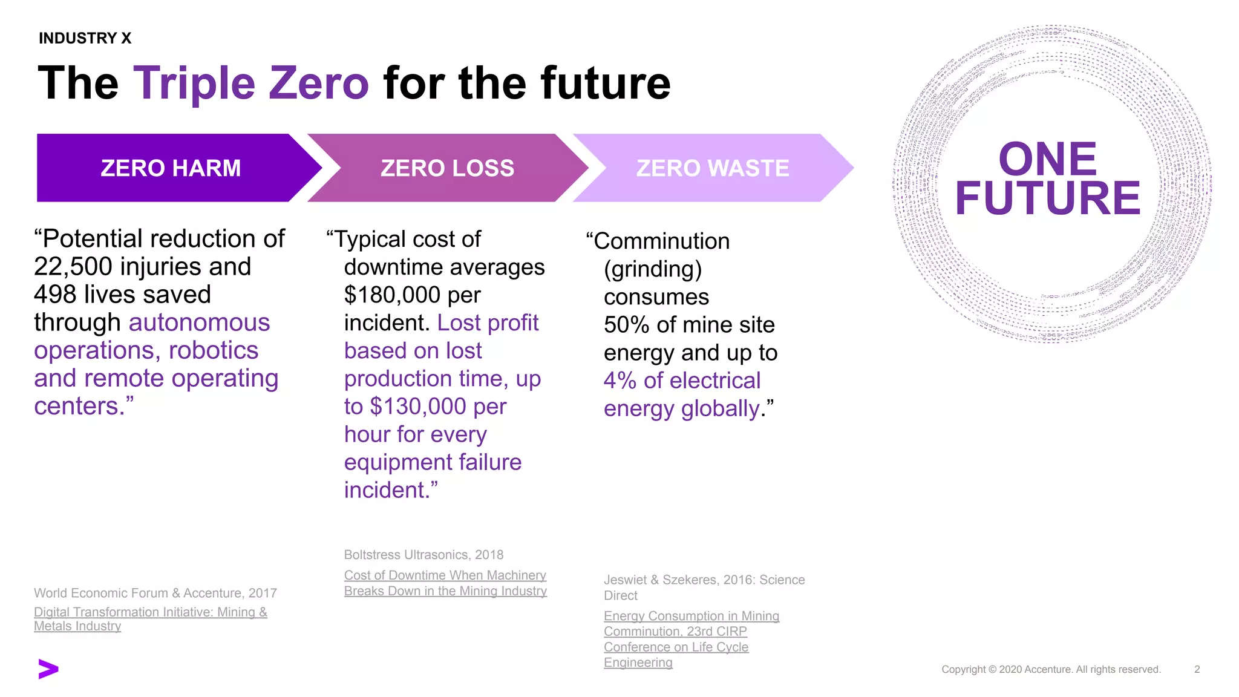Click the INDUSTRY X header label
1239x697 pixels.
[x=85, y=38]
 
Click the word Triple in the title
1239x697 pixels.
[x=195, y=83]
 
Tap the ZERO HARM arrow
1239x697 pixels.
[x=171, y=168]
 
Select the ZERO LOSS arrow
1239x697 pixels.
[x=447, y=168]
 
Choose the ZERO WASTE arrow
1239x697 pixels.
[x=712, y=168]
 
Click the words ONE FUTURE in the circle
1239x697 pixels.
[x=1048, y=178]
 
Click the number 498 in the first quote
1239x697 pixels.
[x=54, y=295]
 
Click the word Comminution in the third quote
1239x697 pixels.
[x=661, y=241]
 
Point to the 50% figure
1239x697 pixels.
[x=626, y=325]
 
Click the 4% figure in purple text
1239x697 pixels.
[x=619, y=381]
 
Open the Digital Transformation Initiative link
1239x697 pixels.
[x=150, y=612]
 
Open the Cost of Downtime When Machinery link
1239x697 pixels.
[x=445, y=575]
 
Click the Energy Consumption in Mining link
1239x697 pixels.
[x=691, y=616]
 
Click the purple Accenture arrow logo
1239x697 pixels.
[x=48, y=669]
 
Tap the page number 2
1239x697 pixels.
[x=1197, y=669]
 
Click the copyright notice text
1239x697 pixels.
[x=1051, y=669]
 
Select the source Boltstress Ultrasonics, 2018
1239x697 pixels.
[x=423, y=555]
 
